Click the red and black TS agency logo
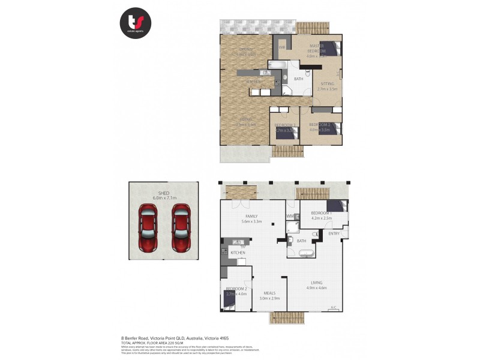click(x=135, y=23)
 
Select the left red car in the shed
click(x=148, y=228)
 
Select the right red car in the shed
click(x=181, y=228)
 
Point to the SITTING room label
click(x=327, y=86)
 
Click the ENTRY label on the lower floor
click(x=334, y=233)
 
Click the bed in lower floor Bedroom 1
click(x=336, y=206)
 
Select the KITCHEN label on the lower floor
click(x=238, y=253)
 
